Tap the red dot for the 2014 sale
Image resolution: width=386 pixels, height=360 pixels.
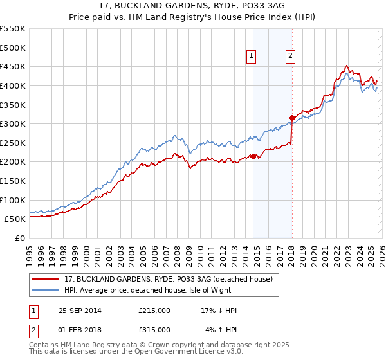click(253, 156)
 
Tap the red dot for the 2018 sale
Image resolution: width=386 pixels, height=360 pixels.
click(292, 118)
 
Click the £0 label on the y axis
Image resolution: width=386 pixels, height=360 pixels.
click(20, 238)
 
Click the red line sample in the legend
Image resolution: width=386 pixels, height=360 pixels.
click(46, 279)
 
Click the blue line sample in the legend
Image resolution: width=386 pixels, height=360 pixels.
click(46, 290)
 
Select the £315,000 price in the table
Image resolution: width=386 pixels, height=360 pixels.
click(154, 329)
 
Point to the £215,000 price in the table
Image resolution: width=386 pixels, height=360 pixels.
click(154, 310)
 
